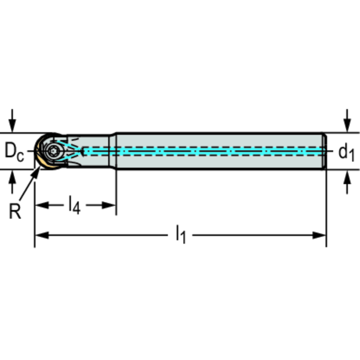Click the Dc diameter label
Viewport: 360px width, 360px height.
coord(14,152)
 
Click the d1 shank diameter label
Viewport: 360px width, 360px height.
coord(346,153)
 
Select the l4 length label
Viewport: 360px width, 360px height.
coord(75,205)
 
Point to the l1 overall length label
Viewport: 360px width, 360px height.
coord(180,234)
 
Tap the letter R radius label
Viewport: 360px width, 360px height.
coord(15,211)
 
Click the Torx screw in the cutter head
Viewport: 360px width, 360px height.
coord(54,151)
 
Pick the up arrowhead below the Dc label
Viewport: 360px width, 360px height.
coord(12,177)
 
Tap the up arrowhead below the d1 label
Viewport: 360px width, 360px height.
coord(347,177)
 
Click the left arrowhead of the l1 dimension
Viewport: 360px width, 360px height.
coord(42,235)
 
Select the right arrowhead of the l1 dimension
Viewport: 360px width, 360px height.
coord(319,235)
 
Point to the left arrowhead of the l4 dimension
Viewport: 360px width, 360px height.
coord(42,205)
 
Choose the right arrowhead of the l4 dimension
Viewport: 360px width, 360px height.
coord(109,205)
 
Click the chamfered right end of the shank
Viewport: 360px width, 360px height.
coord(324,151)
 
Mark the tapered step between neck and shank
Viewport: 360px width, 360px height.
coord(113,151)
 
